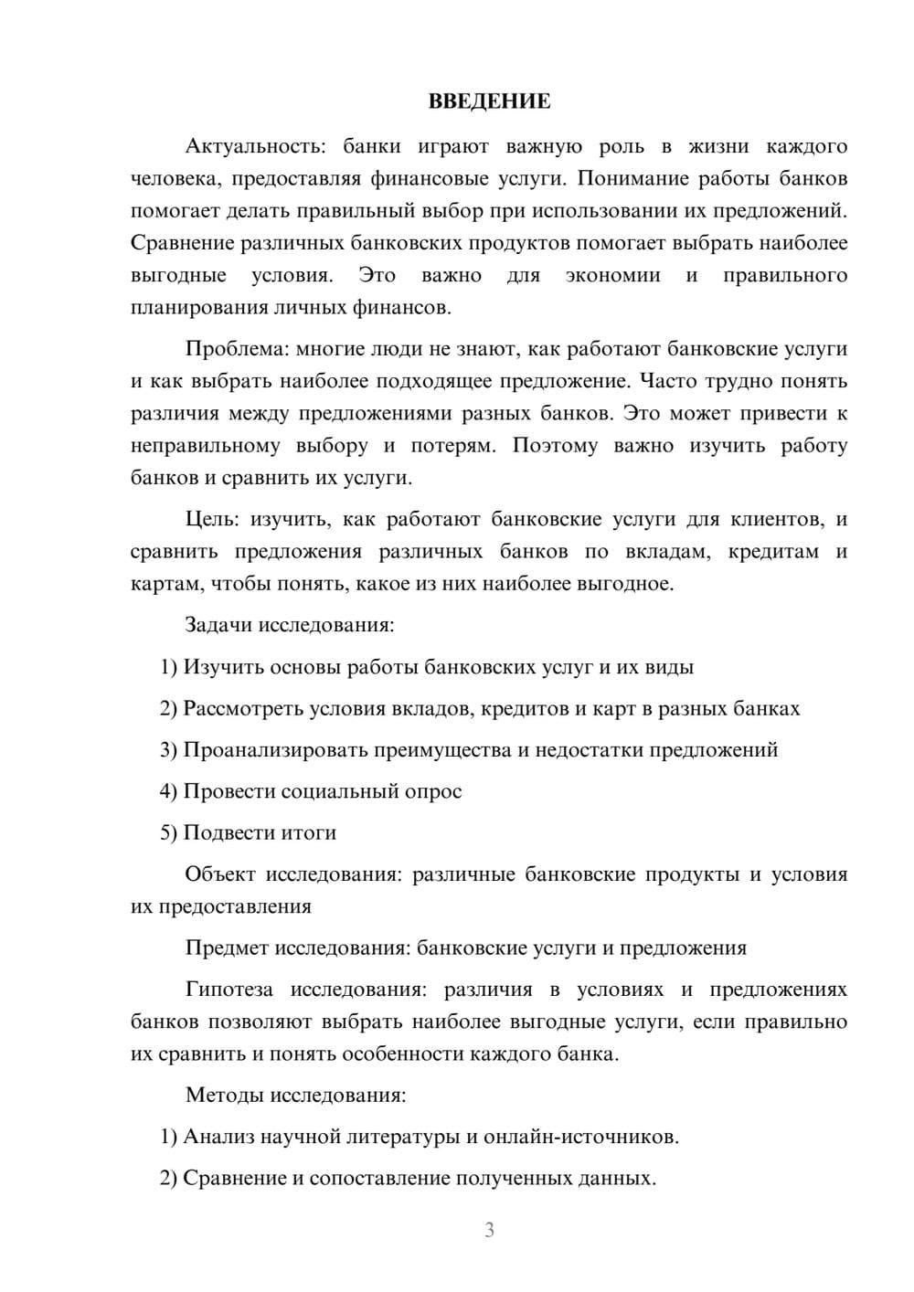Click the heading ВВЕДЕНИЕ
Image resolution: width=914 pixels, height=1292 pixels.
[x=489, y=101]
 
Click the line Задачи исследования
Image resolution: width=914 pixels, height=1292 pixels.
[x=290, y=626]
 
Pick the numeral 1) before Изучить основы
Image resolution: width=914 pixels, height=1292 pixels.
[x=169, y=667]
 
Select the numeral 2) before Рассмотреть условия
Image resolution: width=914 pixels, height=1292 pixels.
[x=169, y=709]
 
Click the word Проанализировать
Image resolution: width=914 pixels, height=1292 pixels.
[x=278, y=750]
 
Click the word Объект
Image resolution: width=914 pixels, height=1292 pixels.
[x=220, y=874]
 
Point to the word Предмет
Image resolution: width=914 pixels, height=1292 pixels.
[x=227, y=948]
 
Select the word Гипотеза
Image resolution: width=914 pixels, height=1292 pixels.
[x=228, y=990]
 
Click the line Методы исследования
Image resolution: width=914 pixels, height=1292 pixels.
[x=295, y=1096]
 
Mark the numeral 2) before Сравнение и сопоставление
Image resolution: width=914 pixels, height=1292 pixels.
[x=169, y=1179]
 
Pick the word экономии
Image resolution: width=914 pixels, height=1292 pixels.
[x=612, y=276]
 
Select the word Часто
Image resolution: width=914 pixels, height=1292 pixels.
[x=668, y=381]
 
